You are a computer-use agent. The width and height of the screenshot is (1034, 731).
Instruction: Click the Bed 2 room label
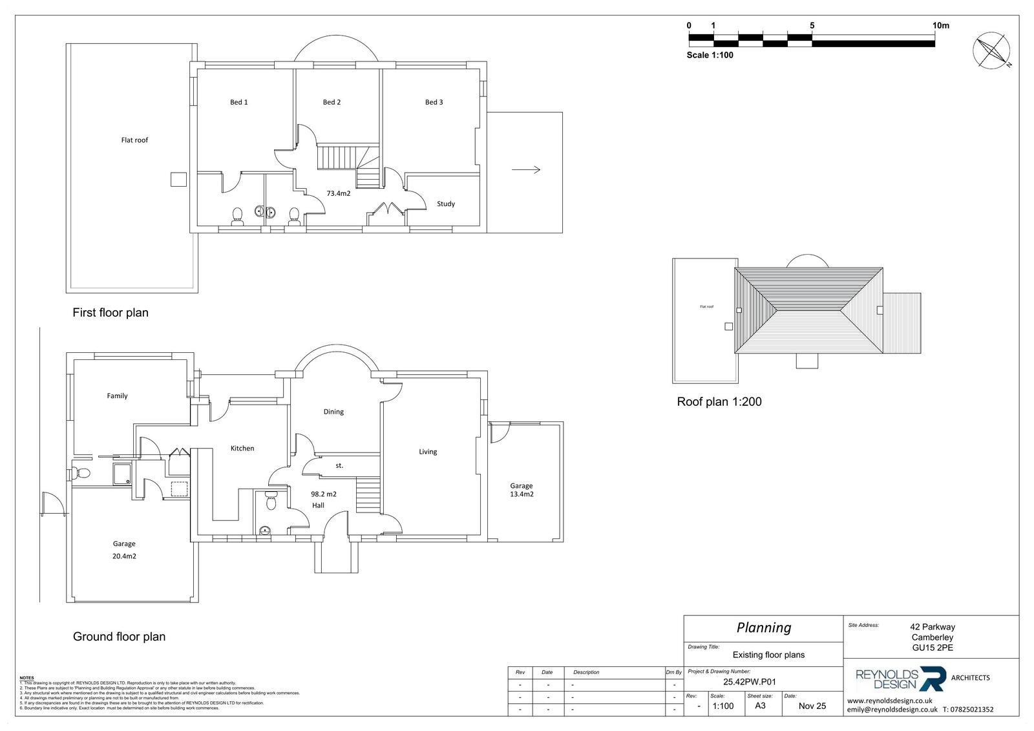pyautogui.click(x=332, y=102)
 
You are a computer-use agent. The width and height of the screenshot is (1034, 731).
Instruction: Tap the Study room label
pyautogui.click(x=446, y=204)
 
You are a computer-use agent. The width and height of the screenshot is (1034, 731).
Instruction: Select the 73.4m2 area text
pyautogui.click(x=338, y=193)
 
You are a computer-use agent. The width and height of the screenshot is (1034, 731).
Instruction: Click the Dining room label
pyautogui.click(x=333, y=412)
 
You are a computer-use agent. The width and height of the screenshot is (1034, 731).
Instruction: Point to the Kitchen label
pyautogui.click(x=242, y=448)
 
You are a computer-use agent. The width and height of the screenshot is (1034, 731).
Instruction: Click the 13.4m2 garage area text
pyautogui.click(x=522, y=494)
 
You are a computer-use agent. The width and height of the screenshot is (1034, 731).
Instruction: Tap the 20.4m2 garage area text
pyautogui.click(x=124, y=556)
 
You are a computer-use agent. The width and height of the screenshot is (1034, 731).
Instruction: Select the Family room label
pyautogui.click(x=117, y=396)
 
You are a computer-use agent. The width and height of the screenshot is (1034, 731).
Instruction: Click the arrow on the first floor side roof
pyautogui.click(x=526, y=170)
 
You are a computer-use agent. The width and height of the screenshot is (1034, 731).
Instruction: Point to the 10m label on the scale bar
pyautogui.click(x=941, y=26)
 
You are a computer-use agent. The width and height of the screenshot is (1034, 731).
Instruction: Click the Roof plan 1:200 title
pyautogui.click(x=719, y=401)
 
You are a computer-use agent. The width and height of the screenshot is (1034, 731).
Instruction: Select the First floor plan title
pyautogui.click(x=111, y=313)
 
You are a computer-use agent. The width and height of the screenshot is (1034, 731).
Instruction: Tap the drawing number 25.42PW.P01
pyautogui.click(x=749, y=681)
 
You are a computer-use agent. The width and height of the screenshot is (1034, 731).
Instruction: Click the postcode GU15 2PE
pyautogui.click(x=932, y=648)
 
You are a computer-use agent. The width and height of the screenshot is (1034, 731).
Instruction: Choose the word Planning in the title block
pyautogui.click(x=764, y=628)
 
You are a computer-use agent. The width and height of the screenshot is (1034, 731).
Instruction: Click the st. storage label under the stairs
pyautogui.click(x=339, y=465)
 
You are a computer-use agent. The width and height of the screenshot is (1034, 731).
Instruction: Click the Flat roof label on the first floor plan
pyautogui.click(x=134, y=140)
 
